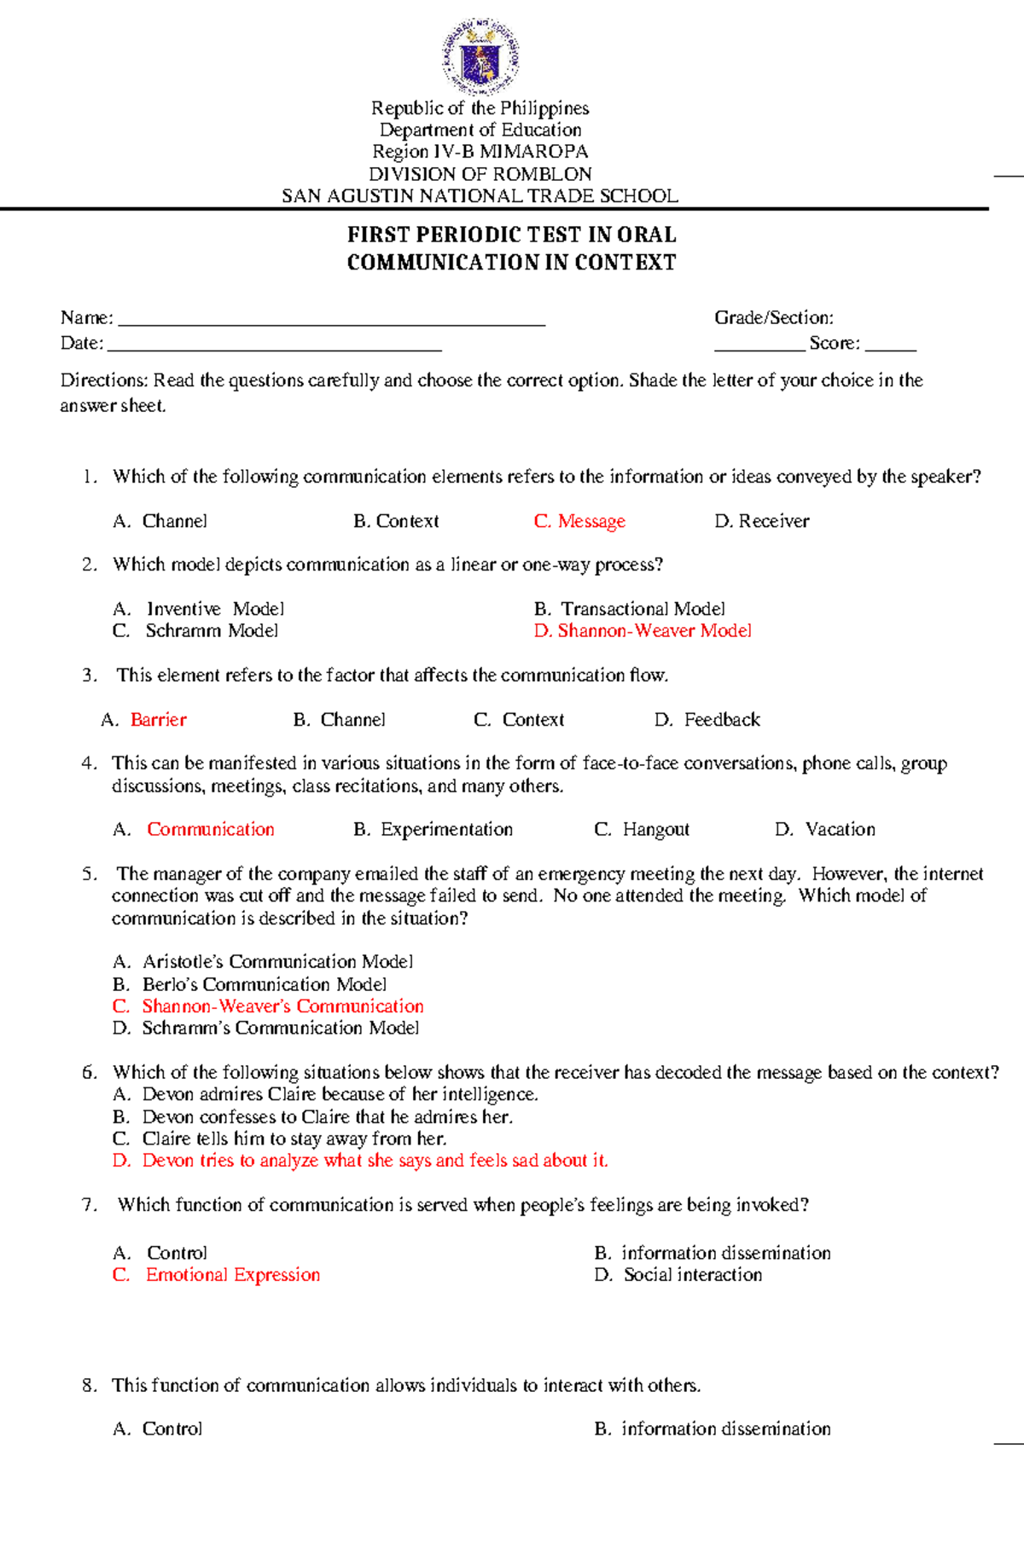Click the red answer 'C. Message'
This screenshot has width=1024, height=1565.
pyautogui.click(x=579, y=521)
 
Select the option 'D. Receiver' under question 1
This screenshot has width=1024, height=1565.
pyautogui.click(x=761, y=521)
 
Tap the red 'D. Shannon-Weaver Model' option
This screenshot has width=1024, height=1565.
pyautogui.click(x=643, y=631)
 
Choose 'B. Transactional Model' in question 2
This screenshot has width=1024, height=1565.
pyautogui.click(x=629, y=609)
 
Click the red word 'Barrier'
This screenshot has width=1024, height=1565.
pyautogui.click(x=158, y=720)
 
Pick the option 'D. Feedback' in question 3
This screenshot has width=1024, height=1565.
pyautogui.click(x=707, y=720)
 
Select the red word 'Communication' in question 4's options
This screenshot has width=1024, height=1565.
pyautogui.click(x=210, y=830)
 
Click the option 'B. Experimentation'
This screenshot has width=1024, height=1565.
pyautogui.click(x=433, y=830)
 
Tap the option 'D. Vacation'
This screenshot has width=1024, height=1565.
pyautogui.click(x=824, y=830)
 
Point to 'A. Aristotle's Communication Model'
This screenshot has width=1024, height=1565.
pyautogui.click(x=263, y=962)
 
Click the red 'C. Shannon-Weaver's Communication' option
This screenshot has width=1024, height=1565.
pyautogui.click(x=268, y=1006)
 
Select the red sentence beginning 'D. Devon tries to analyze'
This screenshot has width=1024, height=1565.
pyautogui.click(x=360, y=1161)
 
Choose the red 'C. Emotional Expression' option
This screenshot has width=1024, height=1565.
pyautogui.click(x=217, y=1275)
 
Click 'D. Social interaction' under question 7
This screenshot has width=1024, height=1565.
pyautogui.click(x=678, y=1275)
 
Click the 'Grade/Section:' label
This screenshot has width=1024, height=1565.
pyautogui.click(x=773, y=318)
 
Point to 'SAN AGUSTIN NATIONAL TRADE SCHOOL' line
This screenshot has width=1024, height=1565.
pyautogui.click(x=480, y=196)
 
